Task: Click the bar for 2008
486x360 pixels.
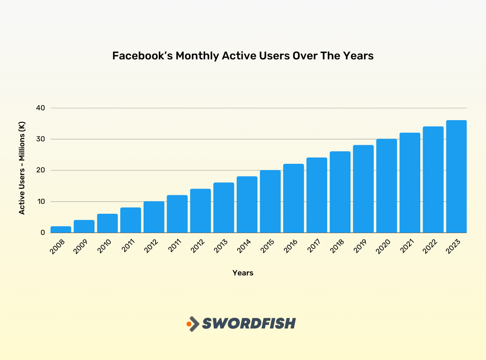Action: (61, 229)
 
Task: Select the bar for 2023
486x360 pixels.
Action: (456, 176)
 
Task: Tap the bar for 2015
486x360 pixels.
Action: (270, 201)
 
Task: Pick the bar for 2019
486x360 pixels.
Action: (363, 189)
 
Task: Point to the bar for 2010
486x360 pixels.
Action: (107, 223)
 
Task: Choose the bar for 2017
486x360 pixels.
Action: (317, 195)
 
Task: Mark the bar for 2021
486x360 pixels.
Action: (410, 183)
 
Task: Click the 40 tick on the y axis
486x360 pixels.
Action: (40, 108)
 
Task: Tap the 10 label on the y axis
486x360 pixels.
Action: (40, 202)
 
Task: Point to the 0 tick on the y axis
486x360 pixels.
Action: (42, 233)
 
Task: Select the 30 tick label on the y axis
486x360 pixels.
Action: (40, 139)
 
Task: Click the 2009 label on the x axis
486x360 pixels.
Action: (82, 247)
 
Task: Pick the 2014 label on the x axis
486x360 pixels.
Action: (245, 247)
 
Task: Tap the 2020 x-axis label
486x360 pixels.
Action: (384, 247)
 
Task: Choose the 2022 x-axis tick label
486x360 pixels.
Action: (431, 247)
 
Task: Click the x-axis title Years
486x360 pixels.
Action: (243, 273)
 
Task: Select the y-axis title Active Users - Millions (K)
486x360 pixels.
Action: (22, 168)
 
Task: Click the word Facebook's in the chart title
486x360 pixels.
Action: (141, 56)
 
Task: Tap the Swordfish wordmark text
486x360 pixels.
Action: (249, 323)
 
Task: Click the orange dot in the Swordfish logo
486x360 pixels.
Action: (189, 324)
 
